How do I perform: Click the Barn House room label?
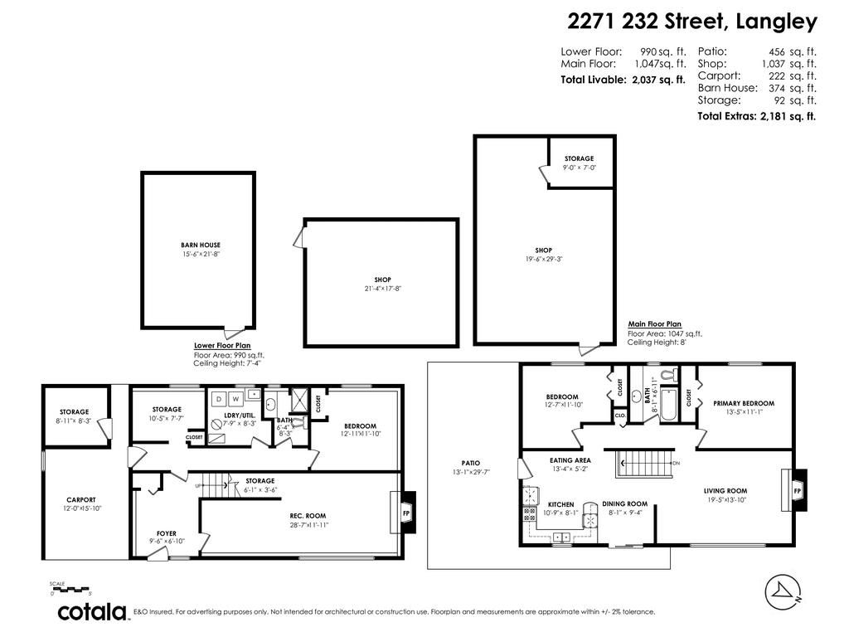tap(201, 245)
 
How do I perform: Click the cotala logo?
tap(91, 612)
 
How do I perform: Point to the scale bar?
tap(70, 590)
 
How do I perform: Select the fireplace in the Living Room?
tap(797, 490)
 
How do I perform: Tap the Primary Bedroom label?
tap(743, 404)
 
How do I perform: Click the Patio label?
tap(471, 463)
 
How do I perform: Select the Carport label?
tap(81, 499)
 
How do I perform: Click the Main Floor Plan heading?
tap(654, 324)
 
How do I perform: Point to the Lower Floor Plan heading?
tap(222, 345)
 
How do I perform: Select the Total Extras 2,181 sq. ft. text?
tap(757, 116)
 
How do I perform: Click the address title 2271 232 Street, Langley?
tap(692, 22)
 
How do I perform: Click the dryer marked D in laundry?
tap(219, 399)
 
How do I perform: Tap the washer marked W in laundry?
tap(235, 399)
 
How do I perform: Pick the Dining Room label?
tap(624, 503)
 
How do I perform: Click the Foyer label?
tap(167, 533)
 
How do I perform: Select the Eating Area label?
tap(570, 459)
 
